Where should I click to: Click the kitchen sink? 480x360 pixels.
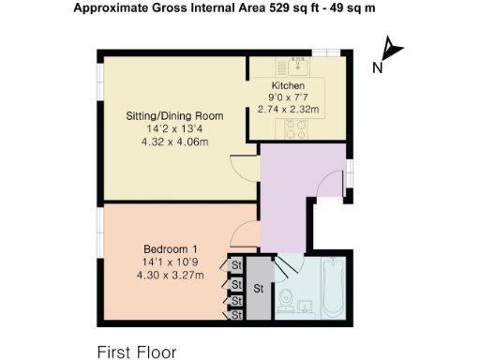click(300, 65)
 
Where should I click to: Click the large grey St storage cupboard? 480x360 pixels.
click(258, 289)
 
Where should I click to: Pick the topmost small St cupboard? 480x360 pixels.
click(236, 265)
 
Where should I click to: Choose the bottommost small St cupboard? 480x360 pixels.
click(236, 316)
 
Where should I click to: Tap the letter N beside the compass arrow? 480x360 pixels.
click(377, 67)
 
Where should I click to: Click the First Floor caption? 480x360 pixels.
click(137, 352)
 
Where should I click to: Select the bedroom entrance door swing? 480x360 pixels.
click(242, 234)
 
